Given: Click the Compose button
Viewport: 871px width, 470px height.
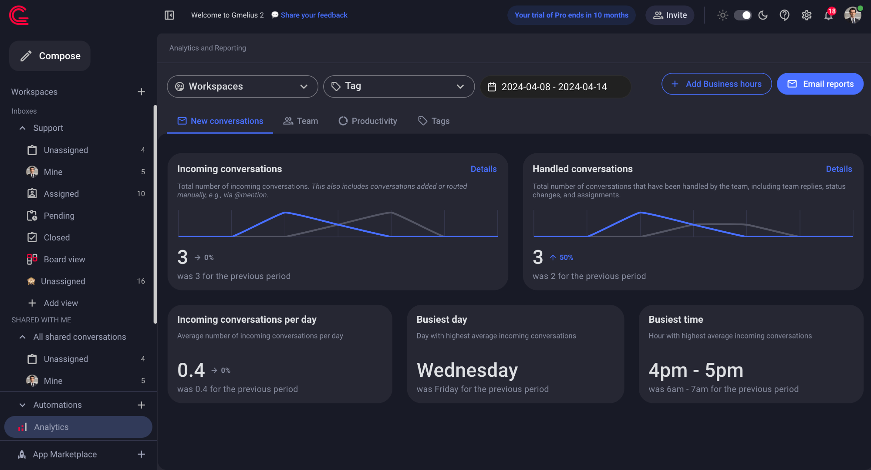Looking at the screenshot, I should [50, 56].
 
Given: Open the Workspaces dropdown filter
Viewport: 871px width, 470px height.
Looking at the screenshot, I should [242, 86].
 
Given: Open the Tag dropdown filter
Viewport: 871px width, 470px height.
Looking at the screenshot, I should [398, 86].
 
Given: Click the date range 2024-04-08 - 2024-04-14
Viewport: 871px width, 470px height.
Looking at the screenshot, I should [554, 87].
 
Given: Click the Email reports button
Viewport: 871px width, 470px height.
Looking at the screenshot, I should [820, 84].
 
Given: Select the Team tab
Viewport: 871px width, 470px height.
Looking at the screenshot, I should [300, 121].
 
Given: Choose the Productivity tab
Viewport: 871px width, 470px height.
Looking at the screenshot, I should [368, 121].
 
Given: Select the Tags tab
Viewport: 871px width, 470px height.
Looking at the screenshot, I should [434, 121].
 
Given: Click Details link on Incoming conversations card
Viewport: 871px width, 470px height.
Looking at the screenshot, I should [483, 169].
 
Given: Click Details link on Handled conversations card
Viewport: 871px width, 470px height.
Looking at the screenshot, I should [839, 169].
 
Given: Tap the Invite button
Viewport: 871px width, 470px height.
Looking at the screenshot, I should [670, 15].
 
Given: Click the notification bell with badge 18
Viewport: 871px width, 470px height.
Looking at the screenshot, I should [828, 15].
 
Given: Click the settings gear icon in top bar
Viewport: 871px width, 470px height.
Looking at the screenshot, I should [807, 15].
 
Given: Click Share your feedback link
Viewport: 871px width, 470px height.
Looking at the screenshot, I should [314, 15].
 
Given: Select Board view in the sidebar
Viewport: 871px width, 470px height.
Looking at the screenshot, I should [64, 259].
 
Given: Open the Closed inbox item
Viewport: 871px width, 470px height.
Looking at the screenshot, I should [57, 237].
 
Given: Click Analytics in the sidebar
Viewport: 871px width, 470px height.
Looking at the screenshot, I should [51, 427].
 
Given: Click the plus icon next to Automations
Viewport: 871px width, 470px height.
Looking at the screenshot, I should [141, 405].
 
